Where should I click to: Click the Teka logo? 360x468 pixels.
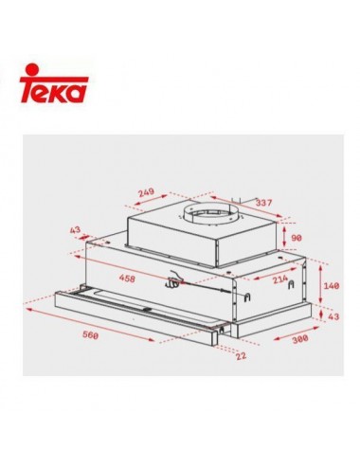[x=54, y=83]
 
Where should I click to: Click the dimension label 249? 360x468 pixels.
[x=147, y=191]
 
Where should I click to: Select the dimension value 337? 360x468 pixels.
[x=263, y=203]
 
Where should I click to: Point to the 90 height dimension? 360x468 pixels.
[x=297, y=238]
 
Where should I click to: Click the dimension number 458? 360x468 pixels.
[x=127, y=279]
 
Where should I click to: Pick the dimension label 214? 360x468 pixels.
[x=280, y=279]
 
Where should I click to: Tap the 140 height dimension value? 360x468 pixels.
[x=332, y=285]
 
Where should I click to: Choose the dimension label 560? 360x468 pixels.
[x=91, y=334]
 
